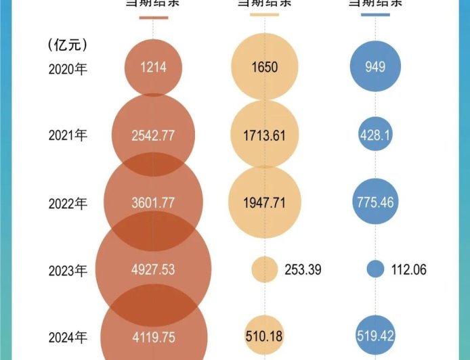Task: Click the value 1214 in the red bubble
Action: [x=153, y=67]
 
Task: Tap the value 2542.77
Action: [x=153, y=135]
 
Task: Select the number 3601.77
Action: [x=153, y=202]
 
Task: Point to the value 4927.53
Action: [x=153, y=269]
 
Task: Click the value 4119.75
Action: [x=153, y=334]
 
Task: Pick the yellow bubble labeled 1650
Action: [x=265, y=67]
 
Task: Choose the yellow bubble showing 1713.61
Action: [x=265, y=135]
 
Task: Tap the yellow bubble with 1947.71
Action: [x=265, y=202]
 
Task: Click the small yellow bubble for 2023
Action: [x=264, y=269]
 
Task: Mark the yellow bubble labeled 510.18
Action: [x=265, y=334]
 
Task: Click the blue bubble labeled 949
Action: [x=376, y=67]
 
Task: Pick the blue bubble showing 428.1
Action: [x=376, y=135]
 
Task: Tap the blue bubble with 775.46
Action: [x=376, y=202]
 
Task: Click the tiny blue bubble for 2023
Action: [x=375, y=269]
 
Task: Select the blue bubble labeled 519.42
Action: [x=376, y=334]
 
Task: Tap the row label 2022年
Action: [x=68, y=202]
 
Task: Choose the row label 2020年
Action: [x=68, y=68]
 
